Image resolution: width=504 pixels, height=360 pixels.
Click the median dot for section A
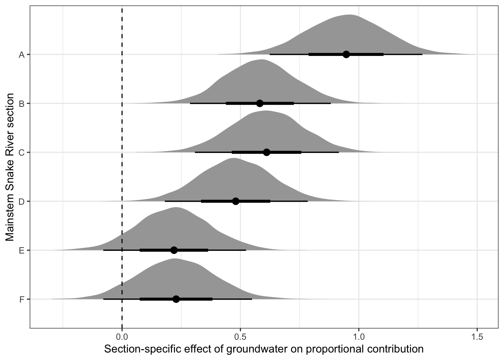tap(346, 54)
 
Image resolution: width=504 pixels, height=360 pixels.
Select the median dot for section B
tap(259, 103)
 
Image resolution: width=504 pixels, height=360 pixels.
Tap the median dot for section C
tap(267, 152)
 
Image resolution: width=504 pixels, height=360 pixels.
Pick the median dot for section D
tap(235, 201)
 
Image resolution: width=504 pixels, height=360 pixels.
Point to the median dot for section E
tap(174, 250)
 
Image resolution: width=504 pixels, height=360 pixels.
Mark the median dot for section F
tap(176, 299)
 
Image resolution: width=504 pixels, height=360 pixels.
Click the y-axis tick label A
tap(22, 55)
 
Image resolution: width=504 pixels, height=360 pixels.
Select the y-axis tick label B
tap(22, 103)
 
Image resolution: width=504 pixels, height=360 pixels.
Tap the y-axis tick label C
tap(22, 153)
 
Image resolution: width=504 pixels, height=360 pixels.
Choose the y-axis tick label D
tap(22, 201)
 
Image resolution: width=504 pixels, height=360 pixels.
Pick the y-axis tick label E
tap(22, 250)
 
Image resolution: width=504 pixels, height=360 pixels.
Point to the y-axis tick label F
tap(22, 299)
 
